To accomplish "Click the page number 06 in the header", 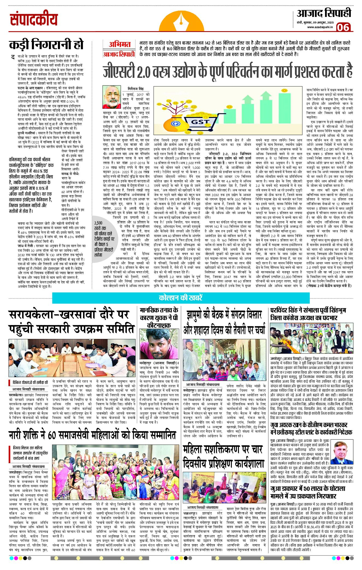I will pos(343,27).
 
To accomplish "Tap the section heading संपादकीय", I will pos(34,20).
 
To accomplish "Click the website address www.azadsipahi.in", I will pos(320,27).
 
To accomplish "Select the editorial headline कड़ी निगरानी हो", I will pos(46,45).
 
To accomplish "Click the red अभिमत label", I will pos(119,44).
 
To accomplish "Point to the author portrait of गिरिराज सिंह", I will pos(111,97).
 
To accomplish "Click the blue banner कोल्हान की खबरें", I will pos(181,297).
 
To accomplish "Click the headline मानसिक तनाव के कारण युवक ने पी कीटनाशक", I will pos(159,318).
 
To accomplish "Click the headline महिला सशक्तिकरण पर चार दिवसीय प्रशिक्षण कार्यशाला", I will pos(223,456).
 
